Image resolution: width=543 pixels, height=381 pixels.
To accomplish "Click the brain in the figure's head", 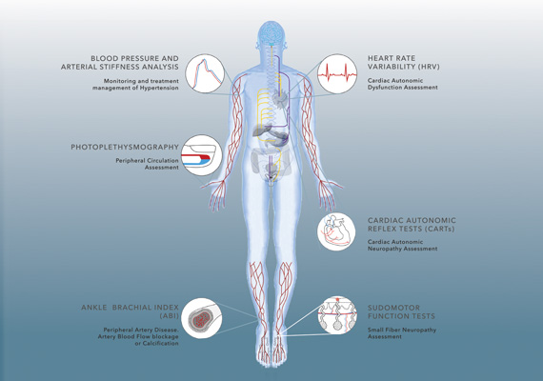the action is [x=271, y=33].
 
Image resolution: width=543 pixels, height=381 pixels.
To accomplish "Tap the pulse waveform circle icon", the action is [x=205, y=73].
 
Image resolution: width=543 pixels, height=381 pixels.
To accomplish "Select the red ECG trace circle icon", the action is [x=337, y=73].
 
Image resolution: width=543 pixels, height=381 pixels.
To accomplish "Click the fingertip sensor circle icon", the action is [x=202, y=155].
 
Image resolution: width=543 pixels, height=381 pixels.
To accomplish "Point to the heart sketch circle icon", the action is [x=336, y=231].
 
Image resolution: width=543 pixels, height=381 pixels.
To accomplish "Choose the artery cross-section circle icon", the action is [x=202, y=318].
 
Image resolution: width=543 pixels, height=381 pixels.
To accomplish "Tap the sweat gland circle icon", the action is [x=337, y=315].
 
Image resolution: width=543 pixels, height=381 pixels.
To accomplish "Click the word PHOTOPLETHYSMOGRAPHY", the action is [x=125, y=148].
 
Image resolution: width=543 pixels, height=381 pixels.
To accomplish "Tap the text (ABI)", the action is [x=169, y=316].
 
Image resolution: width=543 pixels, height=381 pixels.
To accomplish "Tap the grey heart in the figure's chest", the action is [x=279, y=98].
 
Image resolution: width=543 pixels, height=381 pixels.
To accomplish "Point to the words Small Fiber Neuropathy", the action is [x=402, y=331].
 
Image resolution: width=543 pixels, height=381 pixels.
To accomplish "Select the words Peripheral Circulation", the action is [x=147, y=161].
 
